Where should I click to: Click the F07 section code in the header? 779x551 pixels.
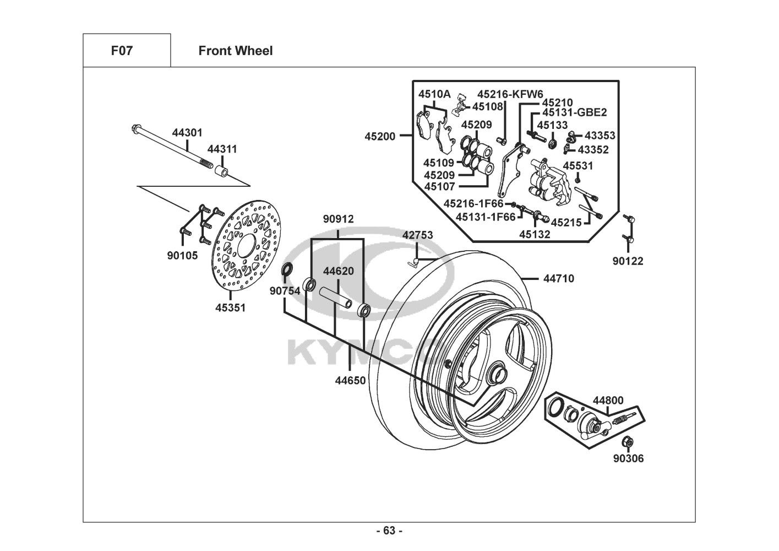(x=122, y=51)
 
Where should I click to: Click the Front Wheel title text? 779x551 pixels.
(x=235, y=51)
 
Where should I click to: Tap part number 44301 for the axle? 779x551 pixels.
(x=187, y=133)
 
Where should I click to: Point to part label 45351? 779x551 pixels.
(x=230, y=308)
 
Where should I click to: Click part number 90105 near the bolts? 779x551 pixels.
(x=182, y=256)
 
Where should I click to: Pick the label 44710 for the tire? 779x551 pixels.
(x=558, y=279)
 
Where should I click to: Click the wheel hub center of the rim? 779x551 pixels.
(x=497, y=375)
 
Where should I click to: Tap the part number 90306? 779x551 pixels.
(x=628, y=458)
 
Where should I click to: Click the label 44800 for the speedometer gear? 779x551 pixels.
(x=608, y=401)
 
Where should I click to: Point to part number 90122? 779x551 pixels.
(x=628, y=261)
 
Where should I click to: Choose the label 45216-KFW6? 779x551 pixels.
(x=510, y=94)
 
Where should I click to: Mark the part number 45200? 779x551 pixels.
(x=380, y=136)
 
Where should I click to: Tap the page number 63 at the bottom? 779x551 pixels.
(x=389, y=531)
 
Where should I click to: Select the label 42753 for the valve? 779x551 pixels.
(x=417, y=235)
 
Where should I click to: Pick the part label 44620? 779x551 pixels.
(x=338, y=271)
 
